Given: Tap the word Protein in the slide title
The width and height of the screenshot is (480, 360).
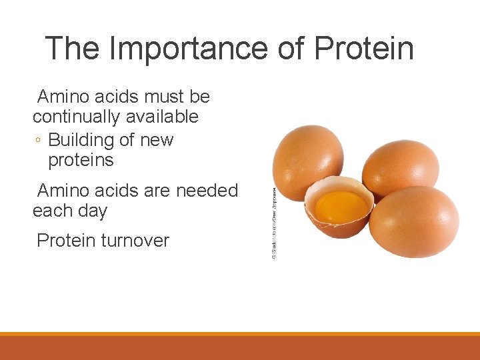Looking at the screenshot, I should pos(363,48).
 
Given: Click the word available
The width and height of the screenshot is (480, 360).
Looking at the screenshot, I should pos(165,117).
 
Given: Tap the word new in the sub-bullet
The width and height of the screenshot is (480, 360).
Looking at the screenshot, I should pos(157,140).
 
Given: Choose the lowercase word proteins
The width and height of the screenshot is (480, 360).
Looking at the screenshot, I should pos(81,160).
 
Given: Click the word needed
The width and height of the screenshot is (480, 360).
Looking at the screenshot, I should pos(207,191).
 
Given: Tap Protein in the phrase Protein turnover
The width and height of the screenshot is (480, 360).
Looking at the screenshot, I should pos(66,241).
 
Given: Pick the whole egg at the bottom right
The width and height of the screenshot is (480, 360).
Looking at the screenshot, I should pos(413,221).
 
